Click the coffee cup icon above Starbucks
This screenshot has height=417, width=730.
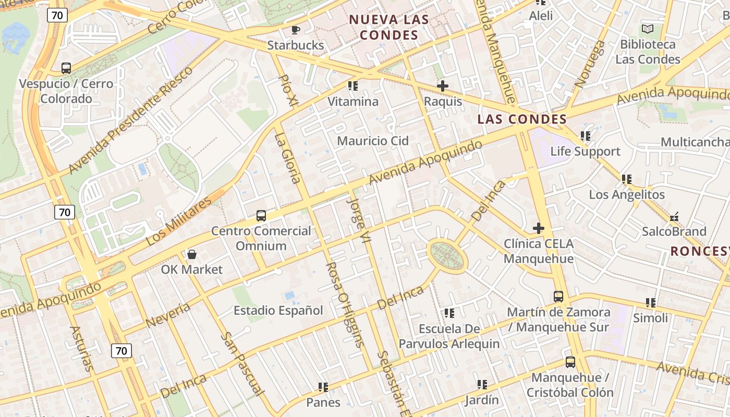296,30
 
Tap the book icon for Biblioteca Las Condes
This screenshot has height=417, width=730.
648,29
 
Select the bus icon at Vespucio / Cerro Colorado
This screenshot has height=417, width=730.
66,68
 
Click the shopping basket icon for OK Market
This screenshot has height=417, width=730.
191,254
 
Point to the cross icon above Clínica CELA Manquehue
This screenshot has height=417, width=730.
539,228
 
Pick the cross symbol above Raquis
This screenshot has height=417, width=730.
443,86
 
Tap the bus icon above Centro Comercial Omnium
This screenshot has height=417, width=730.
261,215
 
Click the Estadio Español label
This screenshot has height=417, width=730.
278,311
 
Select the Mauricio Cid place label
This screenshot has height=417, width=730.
373,141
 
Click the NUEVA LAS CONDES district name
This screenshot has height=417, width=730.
389,28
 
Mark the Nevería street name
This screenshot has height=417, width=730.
168,315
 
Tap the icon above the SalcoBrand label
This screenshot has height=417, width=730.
674,216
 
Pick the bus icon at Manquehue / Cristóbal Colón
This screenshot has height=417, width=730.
570,362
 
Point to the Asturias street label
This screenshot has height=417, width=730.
82,349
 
